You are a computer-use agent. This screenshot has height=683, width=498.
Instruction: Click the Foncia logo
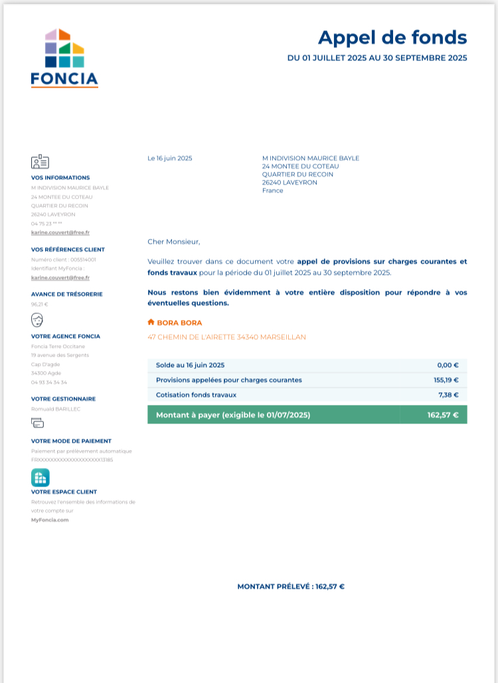64,58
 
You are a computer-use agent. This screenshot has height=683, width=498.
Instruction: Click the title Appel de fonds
392,37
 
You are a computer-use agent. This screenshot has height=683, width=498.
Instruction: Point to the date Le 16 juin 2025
169,158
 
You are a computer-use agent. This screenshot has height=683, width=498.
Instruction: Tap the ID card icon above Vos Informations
40,162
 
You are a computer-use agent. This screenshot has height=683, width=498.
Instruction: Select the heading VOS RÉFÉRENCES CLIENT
68,250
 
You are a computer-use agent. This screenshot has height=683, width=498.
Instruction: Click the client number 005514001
83,260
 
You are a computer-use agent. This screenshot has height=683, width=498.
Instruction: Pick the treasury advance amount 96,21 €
40,304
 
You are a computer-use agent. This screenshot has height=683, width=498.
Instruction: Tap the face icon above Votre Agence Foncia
37,321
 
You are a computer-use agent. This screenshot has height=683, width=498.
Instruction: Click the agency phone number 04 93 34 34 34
48,382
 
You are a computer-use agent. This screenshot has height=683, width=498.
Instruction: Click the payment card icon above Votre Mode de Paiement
38,423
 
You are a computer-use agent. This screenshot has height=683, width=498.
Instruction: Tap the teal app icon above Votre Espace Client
40,477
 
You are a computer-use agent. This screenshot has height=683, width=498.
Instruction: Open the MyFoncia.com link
50,520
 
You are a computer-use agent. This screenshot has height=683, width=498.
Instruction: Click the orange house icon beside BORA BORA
151,323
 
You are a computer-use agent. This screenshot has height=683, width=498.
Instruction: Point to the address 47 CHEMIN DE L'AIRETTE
226,337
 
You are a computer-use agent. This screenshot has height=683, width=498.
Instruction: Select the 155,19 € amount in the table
446,380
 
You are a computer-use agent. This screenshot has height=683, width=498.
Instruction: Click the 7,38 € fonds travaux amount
448,395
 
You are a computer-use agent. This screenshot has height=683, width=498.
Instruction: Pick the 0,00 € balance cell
448,365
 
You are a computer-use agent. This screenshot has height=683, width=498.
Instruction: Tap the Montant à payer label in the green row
232,416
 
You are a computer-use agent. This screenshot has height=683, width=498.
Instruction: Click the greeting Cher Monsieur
173,242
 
